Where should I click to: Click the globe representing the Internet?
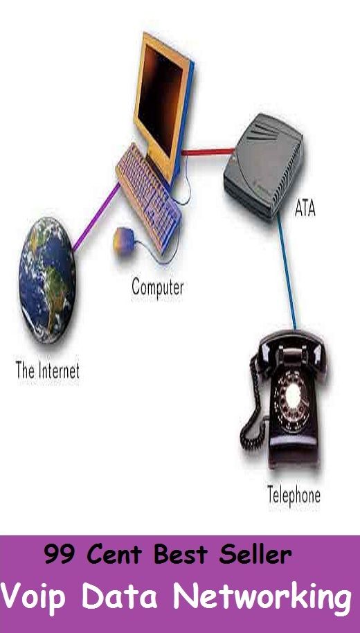point(47,280)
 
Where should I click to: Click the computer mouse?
point(123,240)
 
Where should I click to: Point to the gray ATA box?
point(264,166)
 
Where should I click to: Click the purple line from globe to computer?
point(97,216)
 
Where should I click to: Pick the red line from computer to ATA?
point(208,152)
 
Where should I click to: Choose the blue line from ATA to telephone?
point(287,271)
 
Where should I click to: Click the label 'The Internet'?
point(48,371)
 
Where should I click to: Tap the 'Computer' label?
point(158,288)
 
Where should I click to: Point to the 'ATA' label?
point(305,208)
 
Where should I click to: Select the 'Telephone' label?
point(294,495)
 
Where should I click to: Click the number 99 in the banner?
point(60,554)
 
